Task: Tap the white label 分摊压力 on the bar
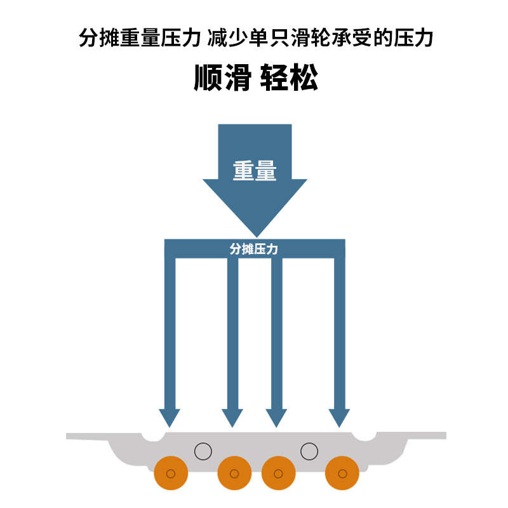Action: tap(254, 250)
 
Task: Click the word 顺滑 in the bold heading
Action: tap(222, 77)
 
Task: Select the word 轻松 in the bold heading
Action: tap(289, 77)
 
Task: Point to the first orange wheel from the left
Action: tap(171, 473)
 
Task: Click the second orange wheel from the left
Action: tap(234, 473)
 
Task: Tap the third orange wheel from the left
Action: tap(278, 473)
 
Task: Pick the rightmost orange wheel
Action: tap(342, 473)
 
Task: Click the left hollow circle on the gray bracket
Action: tap(203, 451)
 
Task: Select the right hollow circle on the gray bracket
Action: tap(309, 451)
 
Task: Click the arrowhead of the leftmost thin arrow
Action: tap(170, 417)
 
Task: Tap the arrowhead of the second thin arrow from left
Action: tap(232, 417)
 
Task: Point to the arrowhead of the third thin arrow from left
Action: tap(276, 417)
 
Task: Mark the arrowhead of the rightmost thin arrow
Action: tap(340, 417)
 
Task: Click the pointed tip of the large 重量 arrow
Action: tap(255, 235)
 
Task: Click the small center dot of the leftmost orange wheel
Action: tap(171, 474)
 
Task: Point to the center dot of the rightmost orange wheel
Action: tap(343, 474)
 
